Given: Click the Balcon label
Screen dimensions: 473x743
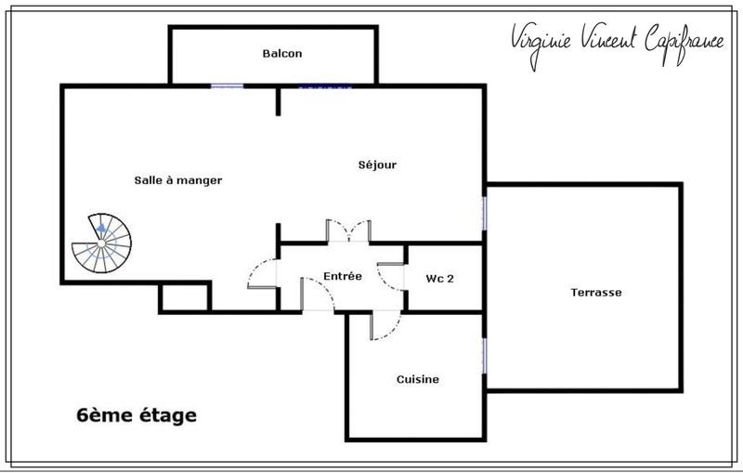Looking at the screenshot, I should pos(282,54).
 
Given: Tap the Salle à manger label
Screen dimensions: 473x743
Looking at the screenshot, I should pos(177,180).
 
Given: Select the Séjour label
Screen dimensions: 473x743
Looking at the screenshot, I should pos(377,165).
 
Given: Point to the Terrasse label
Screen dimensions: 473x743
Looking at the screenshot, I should pos(595,292).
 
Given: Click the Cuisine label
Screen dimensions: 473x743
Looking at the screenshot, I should pos(417,379).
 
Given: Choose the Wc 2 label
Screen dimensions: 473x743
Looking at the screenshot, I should pos(439,278).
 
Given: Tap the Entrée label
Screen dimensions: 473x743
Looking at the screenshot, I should pos(342,276).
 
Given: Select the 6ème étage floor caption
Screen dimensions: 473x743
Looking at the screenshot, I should pos(136,414).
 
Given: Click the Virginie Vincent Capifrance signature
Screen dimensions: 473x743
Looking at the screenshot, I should pos(616,39).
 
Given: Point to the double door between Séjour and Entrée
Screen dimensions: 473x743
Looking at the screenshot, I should pos(348,231).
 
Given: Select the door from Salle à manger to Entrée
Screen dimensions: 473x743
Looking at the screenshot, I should pos(265,274).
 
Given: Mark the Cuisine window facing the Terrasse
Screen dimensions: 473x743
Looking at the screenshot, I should pos(484,357).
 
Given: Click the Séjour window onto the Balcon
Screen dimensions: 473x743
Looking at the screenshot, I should pos(325,86).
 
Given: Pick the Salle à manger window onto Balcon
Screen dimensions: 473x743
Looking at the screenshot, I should pos(227,86).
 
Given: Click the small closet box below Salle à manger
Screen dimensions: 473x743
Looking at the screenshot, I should pos(185,297).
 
